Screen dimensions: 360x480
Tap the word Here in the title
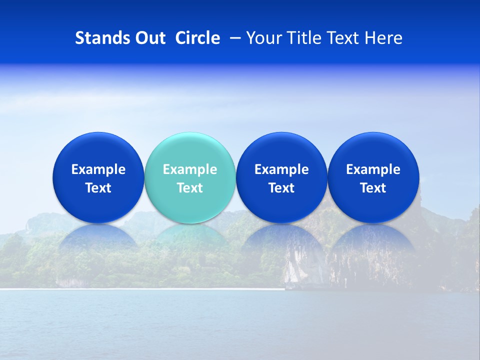[383, 38]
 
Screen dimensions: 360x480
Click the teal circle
[190, 150]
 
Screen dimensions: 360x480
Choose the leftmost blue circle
[98, 150]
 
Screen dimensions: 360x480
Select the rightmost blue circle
[373, 150]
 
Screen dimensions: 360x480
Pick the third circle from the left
[281, 150]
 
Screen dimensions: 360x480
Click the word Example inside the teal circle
[190, 169]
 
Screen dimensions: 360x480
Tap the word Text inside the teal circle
[190, 188]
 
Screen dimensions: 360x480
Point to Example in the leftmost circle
[98, 169]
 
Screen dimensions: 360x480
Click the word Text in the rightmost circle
[373, 188]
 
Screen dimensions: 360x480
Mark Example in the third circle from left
[281, 169]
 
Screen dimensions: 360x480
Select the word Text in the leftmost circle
[98, 188]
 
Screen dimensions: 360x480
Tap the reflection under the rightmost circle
[373, 237]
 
